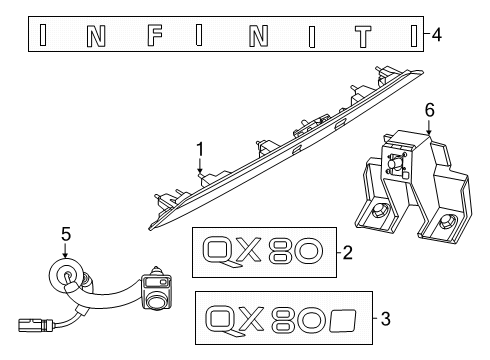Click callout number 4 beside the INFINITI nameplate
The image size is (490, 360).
tap(437, 36)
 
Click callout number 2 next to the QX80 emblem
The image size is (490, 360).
tap(347, 254)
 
